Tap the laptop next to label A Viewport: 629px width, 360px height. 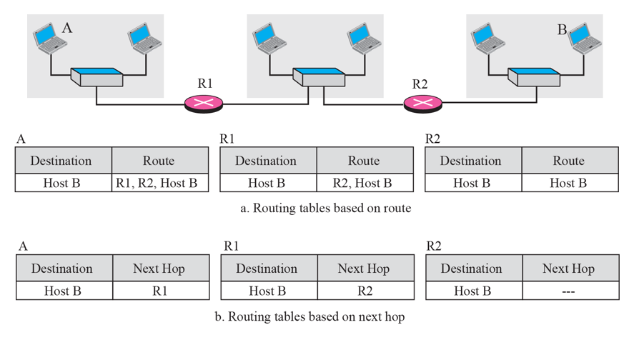pos(50,37)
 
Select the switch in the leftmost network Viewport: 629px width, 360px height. pos(96,76)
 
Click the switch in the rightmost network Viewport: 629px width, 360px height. pos(535,76)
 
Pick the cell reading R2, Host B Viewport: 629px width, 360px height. pos(363,183)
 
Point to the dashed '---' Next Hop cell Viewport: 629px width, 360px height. pos(568,291)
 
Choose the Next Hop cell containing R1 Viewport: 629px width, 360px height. pos(159,291)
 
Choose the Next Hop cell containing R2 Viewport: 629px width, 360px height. pos(363,291)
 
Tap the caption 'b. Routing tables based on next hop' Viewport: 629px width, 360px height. pos(309,316)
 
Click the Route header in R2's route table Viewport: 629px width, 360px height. pos(568,161)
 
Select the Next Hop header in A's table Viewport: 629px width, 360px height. pos(159,269)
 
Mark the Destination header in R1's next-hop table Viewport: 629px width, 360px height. pos(267,269)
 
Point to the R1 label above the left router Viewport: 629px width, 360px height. pos(205,84)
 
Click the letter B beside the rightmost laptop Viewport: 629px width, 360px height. pos(562,30)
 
